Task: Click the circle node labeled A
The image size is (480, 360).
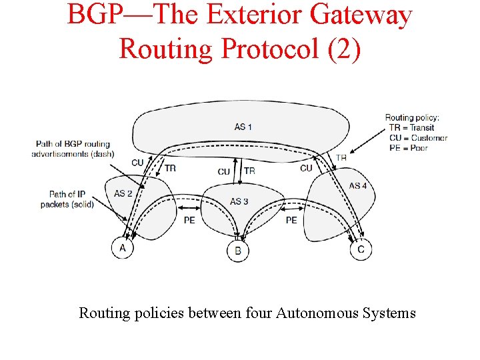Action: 122,247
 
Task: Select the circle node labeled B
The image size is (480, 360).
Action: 238,251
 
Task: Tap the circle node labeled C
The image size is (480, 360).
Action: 361,249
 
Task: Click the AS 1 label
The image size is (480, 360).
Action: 243,127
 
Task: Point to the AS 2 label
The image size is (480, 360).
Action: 123,193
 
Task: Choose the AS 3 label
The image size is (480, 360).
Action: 239,201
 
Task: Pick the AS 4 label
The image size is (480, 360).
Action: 358,185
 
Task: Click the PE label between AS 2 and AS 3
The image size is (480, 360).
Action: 189,219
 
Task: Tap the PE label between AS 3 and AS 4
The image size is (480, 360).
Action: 291,219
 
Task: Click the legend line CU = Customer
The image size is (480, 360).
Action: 418,138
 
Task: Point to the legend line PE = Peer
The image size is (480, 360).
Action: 408,148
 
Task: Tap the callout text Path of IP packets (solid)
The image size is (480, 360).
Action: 67,199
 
